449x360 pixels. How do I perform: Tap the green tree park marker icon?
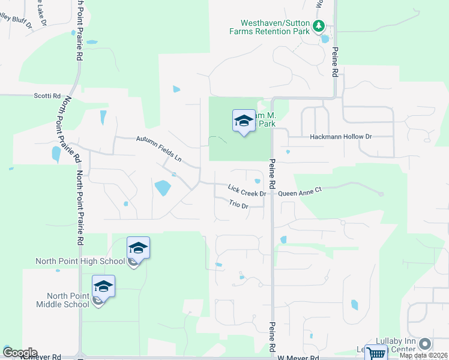(319, 26)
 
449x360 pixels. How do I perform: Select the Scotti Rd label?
(47, 95)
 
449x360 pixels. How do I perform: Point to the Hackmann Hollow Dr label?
(341, 137)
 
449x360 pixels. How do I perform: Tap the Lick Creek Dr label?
(247, 191)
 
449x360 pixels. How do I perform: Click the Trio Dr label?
(238, 205)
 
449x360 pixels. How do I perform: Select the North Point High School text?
(80, 261)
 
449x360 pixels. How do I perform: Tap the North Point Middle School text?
(68, 300)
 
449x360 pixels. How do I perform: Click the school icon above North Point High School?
(138, 248)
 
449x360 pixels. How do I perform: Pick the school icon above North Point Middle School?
(103, 286)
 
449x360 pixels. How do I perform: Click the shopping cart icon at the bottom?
(375, 353)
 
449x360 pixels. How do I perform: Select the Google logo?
(20, 353)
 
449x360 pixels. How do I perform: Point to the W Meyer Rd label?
(298, 358)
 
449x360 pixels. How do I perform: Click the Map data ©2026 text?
(424, 355)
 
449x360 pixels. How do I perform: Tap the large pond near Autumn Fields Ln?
(162, 188)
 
